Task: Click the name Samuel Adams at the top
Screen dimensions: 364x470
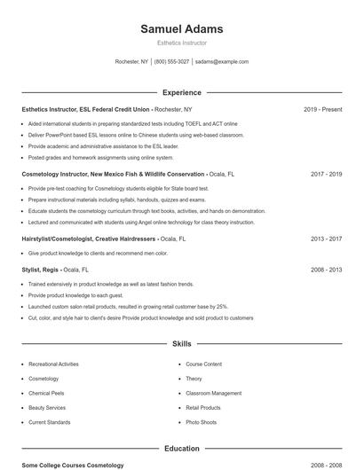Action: (182, 29)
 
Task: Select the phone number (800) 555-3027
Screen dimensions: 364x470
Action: (172, 62)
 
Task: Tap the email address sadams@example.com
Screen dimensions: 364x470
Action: (221, 62)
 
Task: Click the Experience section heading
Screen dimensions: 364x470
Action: (182, 92)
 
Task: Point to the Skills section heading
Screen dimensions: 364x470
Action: (182, 342)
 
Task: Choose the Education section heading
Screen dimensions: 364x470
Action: (182, 449)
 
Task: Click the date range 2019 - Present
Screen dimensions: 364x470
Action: (322, 109)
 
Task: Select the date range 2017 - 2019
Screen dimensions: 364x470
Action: (326, 174)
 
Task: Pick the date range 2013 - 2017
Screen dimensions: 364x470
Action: (326, 239)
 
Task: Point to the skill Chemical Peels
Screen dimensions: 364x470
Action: (46, 393)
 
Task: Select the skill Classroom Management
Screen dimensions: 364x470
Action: (213, 393)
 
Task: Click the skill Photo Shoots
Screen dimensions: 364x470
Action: (201, 422)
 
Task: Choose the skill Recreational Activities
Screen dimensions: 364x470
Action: (53, 364)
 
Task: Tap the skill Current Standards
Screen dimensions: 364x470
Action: (49, 422)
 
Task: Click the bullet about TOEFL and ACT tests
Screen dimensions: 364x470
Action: (133, 123)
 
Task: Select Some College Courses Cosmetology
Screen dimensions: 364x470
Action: (73, 466)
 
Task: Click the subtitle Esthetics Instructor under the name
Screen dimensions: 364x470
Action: (182, 42)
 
